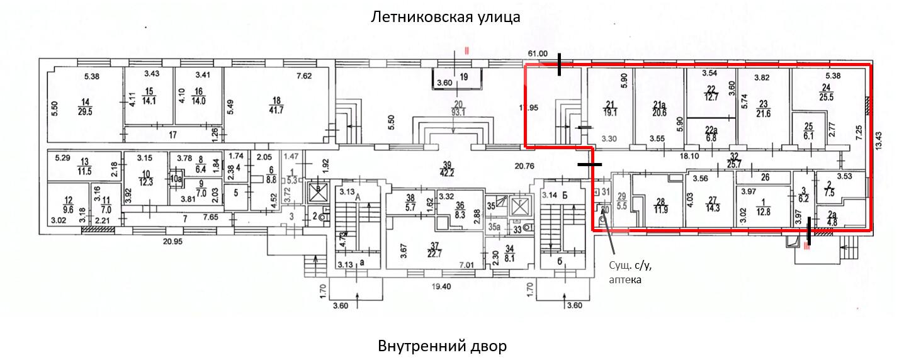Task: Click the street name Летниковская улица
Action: tap(445, 16)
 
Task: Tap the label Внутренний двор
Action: tap(442, 346)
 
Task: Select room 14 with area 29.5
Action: tap(84, 107)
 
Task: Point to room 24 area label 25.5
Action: tap(826, 93)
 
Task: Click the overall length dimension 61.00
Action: tap(539, 54)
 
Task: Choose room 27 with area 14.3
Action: tap(710, 206)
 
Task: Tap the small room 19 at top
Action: tap(464, 77)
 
